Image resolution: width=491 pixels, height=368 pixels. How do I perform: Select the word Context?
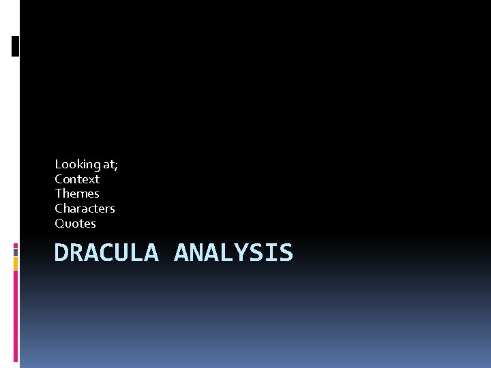coord(77,179)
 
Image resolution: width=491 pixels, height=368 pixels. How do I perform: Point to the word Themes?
coord(77,194)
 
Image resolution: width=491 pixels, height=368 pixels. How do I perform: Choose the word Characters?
coord(85,209)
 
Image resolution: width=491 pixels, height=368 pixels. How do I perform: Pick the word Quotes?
coord(75,224)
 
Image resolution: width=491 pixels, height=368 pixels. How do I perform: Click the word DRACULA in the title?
coord(106,253)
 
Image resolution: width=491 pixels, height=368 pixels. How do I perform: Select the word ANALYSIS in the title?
coord(233,253)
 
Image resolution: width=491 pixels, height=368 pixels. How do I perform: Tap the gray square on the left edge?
coord(15,251)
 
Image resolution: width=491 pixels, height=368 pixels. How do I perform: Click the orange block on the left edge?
coord(15,263)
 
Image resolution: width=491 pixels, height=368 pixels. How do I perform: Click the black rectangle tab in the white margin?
coord(15,46)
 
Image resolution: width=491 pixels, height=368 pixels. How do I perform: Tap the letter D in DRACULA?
coord(61,253)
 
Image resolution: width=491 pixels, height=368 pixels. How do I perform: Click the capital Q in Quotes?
coord(59,224)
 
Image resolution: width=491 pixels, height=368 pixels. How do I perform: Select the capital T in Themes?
coord(59,194)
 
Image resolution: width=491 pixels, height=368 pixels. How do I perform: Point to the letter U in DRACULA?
coord(121,253)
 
